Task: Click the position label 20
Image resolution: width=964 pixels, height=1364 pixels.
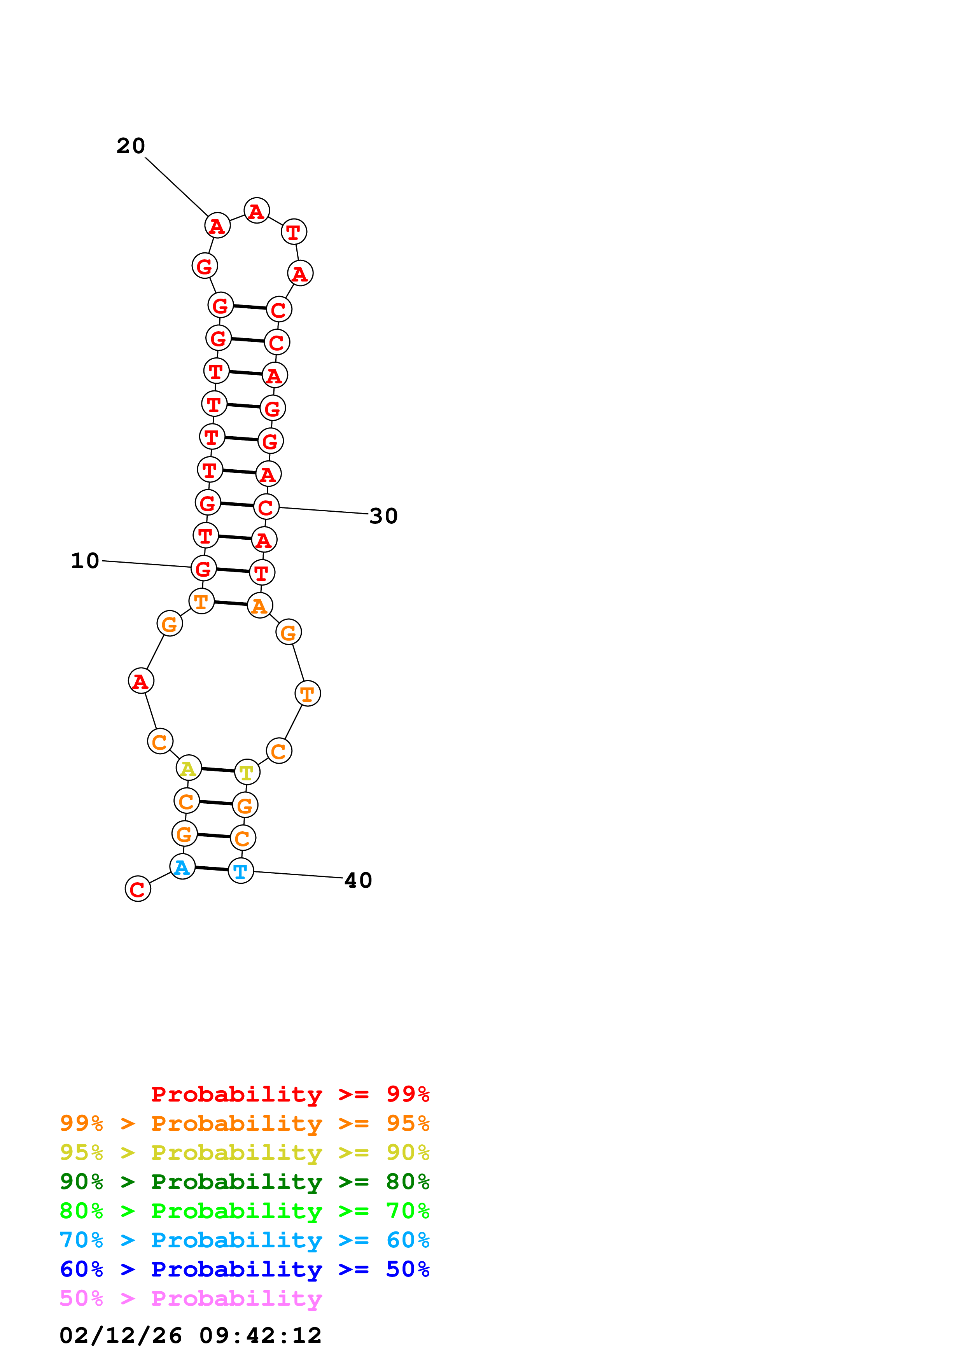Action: [131, 145]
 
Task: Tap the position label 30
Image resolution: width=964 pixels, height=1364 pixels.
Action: [383, 516]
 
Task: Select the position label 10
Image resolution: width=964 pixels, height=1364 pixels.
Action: [85, 560]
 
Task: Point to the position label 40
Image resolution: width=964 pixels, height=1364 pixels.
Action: [358, 880]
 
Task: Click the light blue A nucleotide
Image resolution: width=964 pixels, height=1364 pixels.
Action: [182, 867]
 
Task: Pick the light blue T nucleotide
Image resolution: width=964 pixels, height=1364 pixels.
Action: [241, 871]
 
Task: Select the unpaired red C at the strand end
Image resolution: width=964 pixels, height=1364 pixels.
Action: [138, 889]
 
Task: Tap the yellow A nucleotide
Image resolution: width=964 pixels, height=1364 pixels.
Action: [188, 768]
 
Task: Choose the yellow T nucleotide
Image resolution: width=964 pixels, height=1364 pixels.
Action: [247, 772]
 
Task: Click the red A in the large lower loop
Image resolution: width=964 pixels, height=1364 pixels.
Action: [141, 681]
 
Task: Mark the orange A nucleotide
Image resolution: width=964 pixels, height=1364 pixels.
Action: [259, 605]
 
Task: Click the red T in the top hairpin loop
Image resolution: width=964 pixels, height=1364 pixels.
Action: [294, 232]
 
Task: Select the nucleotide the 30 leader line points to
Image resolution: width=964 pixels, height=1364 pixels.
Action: [266, 507]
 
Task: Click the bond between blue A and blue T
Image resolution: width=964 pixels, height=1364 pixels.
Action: [212, 869]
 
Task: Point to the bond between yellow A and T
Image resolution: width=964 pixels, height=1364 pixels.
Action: [217, 770]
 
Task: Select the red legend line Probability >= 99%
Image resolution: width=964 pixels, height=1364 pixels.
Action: [290, 1094]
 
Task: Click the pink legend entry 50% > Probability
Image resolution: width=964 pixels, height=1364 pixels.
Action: [191, 1298]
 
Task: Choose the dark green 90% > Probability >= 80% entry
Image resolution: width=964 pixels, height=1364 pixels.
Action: [244, 1182]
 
